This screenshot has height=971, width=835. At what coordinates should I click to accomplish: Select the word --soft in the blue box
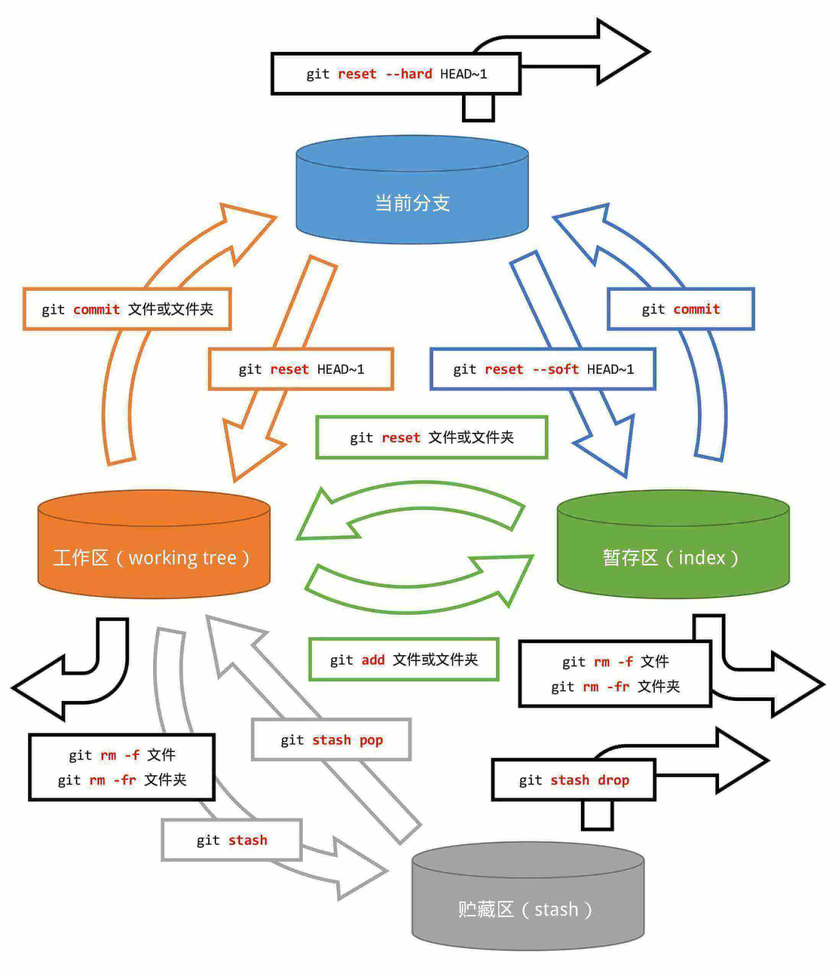pos(556,370)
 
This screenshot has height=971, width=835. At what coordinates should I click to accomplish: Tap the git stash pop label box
pos(331,740)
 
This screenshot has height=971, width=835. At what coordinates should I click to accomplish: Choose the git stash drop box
pos(573,780)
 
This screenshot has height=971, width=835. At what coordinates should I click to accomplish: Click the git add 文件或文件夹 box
pos(404,660)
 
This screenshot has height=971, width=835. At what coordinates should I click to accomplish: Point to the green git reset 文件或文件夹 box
pos(431,438)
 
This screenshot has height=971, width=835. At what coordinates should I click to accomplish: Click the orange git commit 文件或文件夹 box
pos(127,309)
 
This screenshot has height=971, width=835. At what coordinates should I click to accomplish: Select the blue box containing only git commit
pos(680,309)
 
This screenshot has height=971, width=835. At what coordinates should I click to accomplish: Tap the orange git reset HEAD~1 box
pos(301,370)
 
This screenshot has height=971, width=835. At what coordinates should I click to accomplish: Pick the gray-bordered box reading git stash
pos(231,840)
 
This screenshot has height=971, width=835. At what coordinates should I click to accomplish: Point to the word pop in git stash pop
pos(371,740)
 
